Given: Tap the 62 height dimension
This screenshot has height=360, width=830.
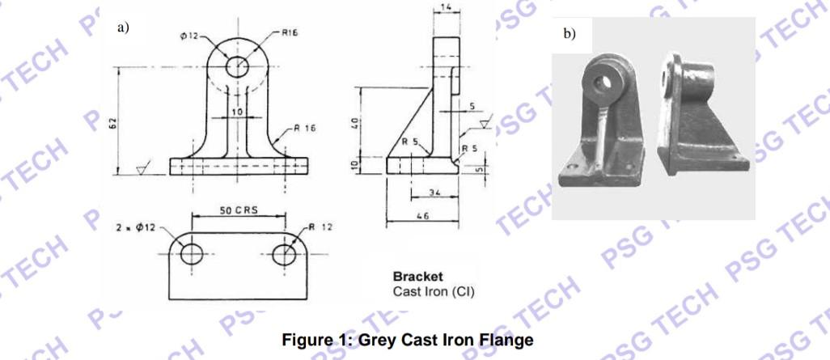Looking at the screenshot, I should [113, 122].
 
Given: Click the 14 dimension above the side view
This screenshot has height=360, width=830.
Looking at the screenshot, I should [447, 6].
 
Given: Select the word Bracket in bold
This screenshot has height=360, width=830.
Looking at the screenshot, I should [417, 277].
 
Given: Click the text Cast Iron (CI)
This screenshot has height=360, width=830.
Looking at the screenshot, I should [433, 291].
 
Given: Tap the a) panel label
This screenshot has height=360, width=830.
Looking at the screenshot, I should [124, 28].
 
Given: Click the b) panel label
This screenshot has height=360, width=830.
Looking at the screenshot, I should [570, 34].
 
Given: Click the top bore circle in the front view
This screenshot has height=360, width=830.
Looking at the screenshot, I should [238, 66].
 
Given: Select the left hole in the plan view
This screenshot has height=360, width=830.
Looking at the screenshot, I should [192, 254].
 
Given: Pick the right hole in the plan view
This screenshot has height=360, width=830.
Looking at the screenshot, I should [284, 254].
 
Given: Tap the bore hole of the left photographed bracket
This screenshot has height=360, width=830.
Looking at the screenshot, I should [601, 80].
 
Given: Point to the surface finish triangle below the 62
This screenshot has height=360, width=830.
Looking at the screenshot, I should [142, 169].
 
